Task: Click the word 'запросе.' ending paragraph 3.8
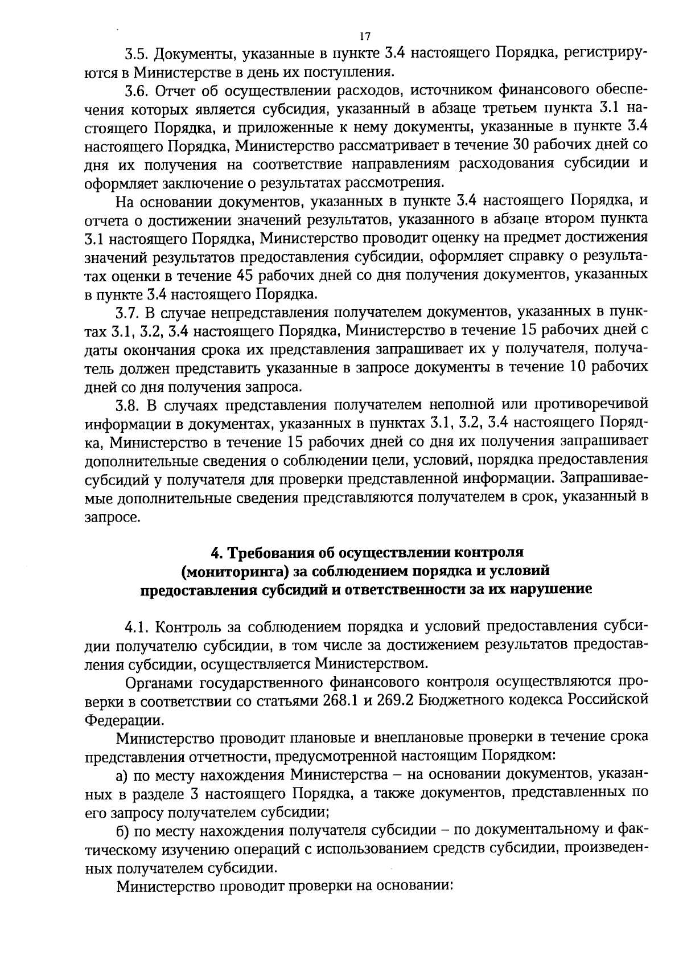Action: (x=112, y=518)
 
